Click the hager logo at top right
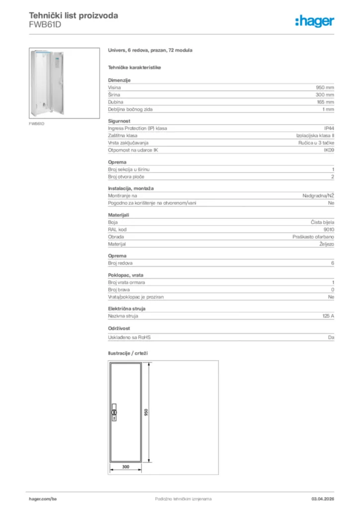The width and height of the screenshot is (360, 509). coord(314,21)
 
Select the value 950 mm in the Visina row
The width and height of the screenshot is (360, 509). coord(325,87)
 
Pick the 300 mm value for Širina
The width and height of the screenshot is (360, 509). coord(325,94)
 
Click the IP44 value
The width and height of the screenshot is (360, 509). coord(329,128)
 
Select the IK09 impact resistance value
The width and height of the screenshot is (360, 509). coord(329,150)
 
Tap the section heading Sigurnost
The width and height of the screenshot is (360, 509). coord(119,121)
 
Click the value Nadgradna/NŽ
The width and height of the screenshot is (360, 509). coord(318,196)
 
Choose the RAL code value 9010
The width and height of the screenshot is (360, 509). coord(329,230)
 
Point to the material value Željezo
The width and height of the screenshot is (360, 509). coord(326,245)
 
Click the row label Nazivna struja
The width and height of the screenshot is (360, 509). coord(123,316)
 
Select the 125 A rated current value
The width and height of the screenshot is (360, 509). coord(328,316)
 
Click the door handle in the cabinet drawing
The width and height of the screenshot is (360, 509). coord(114,413)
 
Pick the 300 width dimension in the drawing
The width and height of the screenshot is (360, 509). coord(125,467)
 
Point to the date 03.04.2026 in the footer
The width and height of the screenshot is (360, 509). coord(319,499)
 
